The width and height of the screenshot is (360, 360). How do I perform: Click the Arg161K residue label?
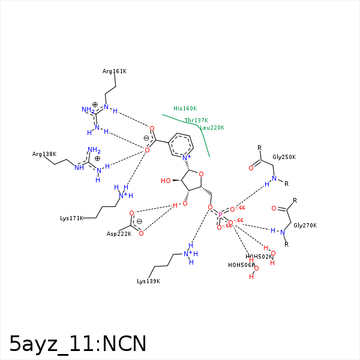point(115,71)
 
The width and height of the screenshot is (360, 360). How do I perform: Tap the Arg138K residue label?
point(44,154)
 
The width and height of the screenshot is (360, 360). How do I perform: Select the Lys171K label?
point(71,218)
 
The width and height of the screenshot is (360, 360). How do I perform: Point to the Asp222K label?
point(119,233)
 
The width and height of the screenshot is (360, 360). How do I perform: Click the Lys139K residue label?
point(148,281)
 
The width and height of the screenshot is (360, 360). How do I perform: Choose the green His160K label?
point(185,109)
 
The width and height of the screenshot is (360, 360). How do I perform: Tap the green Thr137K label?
point(196,121)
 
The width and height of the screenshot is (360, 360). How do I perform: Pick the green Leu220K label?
point(212,128)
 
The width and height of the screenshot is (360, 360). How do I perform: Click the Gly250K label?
point(284,157)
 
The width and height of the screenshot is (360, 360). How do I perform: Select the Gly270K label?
point(305,226)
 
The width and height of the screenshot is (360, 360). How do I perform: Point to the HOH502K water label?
point(259,257)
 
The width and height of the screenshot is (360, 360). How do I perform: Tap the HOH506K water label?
point(241,265)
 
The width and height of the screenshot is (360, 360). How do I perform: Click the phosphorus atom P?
point(220,215)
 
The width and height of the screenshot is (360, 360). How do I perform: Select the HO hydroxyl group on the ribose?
point(167,181)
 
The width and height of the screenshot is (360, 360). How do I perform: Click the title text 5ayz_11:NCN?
point(78,344)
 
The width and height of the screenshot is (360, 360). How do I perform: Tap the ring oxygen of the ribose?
point(201,175)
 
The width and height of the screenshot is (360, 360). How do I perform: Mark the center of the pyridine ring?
point(182,146)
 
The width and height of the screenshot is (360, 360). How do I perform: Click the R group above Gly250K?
point(259,148)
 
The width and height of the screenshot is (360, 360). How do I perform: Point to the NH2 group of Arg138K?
point(94,151)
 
